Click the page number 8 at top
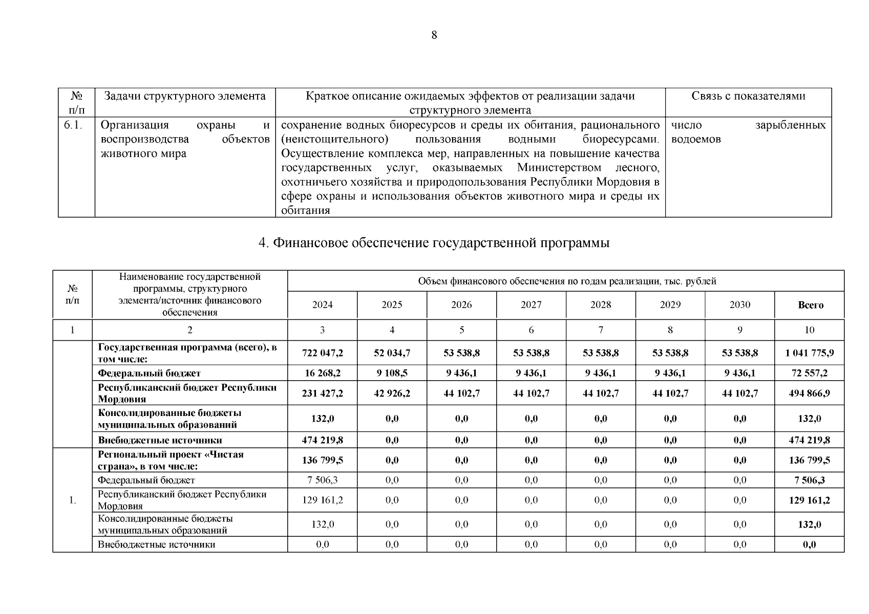[434, 35]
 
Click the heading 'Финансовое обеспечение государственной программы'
[434, 243]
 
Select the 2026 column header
[461, 305]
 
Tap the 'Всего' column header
[810, 305]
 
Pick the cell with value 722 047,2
[323, 353]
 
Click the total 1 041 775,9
[809, 353]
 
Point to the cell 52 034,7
[392, 353]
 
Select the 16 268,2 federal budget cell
[323, 373]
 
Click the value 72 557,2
[809, 373]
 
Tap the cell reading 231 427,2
[323, 393]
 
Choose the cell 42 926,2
[392, 393]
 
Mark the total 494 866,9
[809, 393]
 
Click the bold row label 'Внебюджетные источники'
[160, 440]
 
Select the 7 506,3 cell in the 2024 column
[323, 480]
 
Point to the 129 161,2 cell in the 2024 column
[323, 500]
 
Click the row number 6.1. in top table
[73, 125]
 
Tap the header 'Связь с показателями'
[748, 96]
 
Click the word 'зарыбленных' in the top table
[790, 125]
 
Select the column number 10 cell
[809, 330]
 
